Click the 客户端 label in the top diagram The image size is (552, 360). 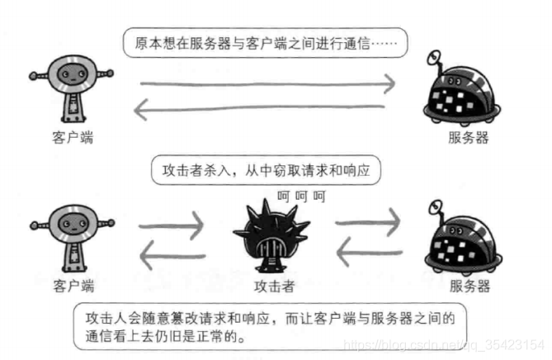[73, 137]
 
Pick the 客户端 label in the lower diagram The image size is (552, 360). [73, 287]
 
